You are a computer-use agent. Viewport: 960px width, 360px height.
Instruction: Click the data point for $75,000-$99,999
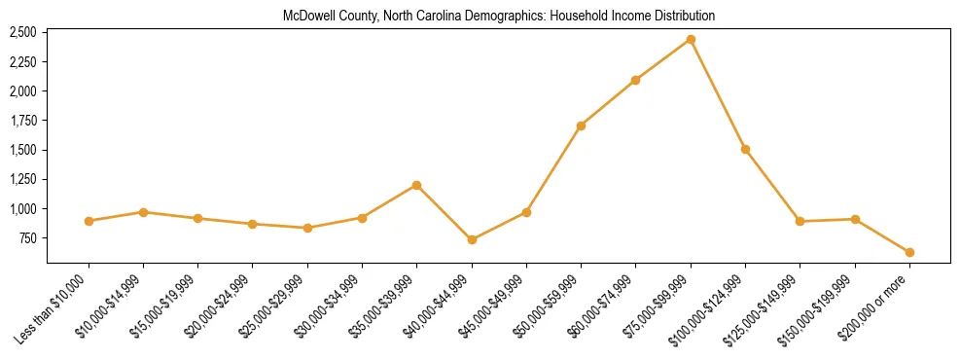pos(691,40)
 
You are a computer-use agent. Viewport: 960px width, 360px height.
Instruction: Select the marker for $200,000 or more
pos(909,252)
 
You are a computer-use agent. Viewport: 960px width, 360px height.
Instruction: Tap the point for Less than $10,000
pos(89,221)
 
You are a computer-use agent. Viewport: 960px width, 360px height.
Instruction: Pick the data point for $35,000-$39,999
pos(417,185)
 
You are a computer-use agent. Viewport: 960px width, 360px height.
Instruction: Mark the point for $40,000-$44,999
pos(472,239)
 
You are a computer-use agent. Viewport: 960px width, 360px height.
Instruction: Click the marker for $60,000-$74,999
pos(635,80)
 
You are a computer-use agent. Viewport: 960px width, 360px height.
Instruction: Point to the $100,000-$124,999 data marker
pos(745,149)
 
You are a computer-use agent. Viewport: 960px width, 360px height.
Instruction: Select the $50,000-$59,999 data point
pos(581,126)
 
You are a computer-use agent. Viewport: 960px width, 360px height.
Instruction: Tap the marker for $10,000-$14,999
pos(143,212)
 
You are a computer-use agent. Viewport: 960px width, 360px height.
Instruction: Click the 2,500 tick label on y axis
pos(22,32)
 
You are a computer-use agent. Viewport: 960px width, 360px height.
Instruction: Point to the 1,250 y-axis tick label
pos(22,179)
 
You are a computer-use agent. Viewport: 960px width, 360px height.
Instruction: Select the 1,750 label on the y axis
pos(22,121)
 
